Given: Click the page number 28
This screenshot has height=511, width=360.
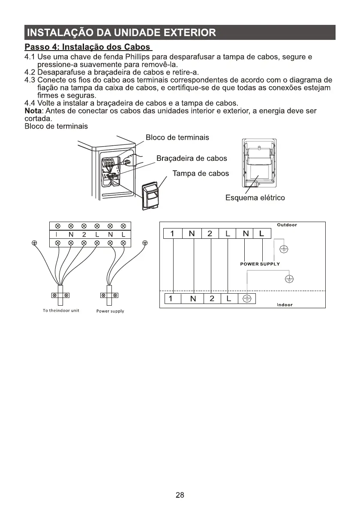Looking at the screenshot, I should tap(180, 495).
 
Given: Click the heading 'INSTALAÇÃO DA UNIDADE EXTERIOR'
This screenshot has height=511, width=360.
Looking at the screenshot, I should tap(120, 33).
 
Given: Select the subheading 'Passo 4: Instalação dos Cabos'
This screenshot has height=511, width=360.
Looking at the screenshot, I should tap(88, 47).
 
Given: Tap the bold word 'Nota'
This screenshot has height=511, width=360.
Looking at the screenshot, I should tap(33, 111).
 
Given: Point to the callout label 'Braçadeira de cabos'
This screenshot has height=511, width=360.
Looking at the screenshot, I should tap(192, 158).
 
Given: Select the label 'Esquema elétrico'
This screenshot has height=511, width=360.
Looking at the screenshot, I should tap(255, 198).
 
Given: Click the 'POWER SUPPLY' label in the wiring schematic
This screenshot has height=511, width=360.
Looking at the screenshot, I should tap(260, 264).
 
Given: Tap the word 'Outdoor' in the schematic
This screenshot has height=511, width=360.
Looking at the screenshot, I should tap(287, 225).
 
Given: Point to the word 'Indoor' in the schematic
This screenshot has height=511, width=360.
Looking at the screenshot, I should tap(285, 305).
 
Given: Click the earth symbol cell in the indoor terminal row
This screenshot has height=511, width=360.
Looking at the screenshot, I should tap(247, 299).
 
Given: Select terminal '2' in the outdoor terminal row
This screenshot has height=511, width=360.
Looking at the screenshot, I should tap(210, 234).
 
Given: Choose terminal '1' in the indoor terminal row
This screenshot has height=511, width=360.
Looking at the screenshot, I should tap(171, 299).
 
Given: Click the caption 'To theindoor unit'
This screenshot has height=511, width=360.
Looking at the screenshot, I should tap(61, 310).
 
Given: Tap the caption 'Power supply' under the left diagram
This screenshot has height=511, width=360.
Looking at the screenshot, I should tap(110, 311).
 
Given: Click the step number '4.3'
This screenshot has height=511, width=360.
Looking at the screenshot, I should tap(30, 80).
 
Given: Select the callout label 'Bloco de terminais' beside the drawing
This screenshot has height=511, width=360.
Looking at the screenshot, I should tap(177, 138).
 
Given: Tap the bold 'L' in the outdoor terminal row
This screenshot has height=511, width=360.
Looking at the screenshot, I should tap(262, 234).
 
